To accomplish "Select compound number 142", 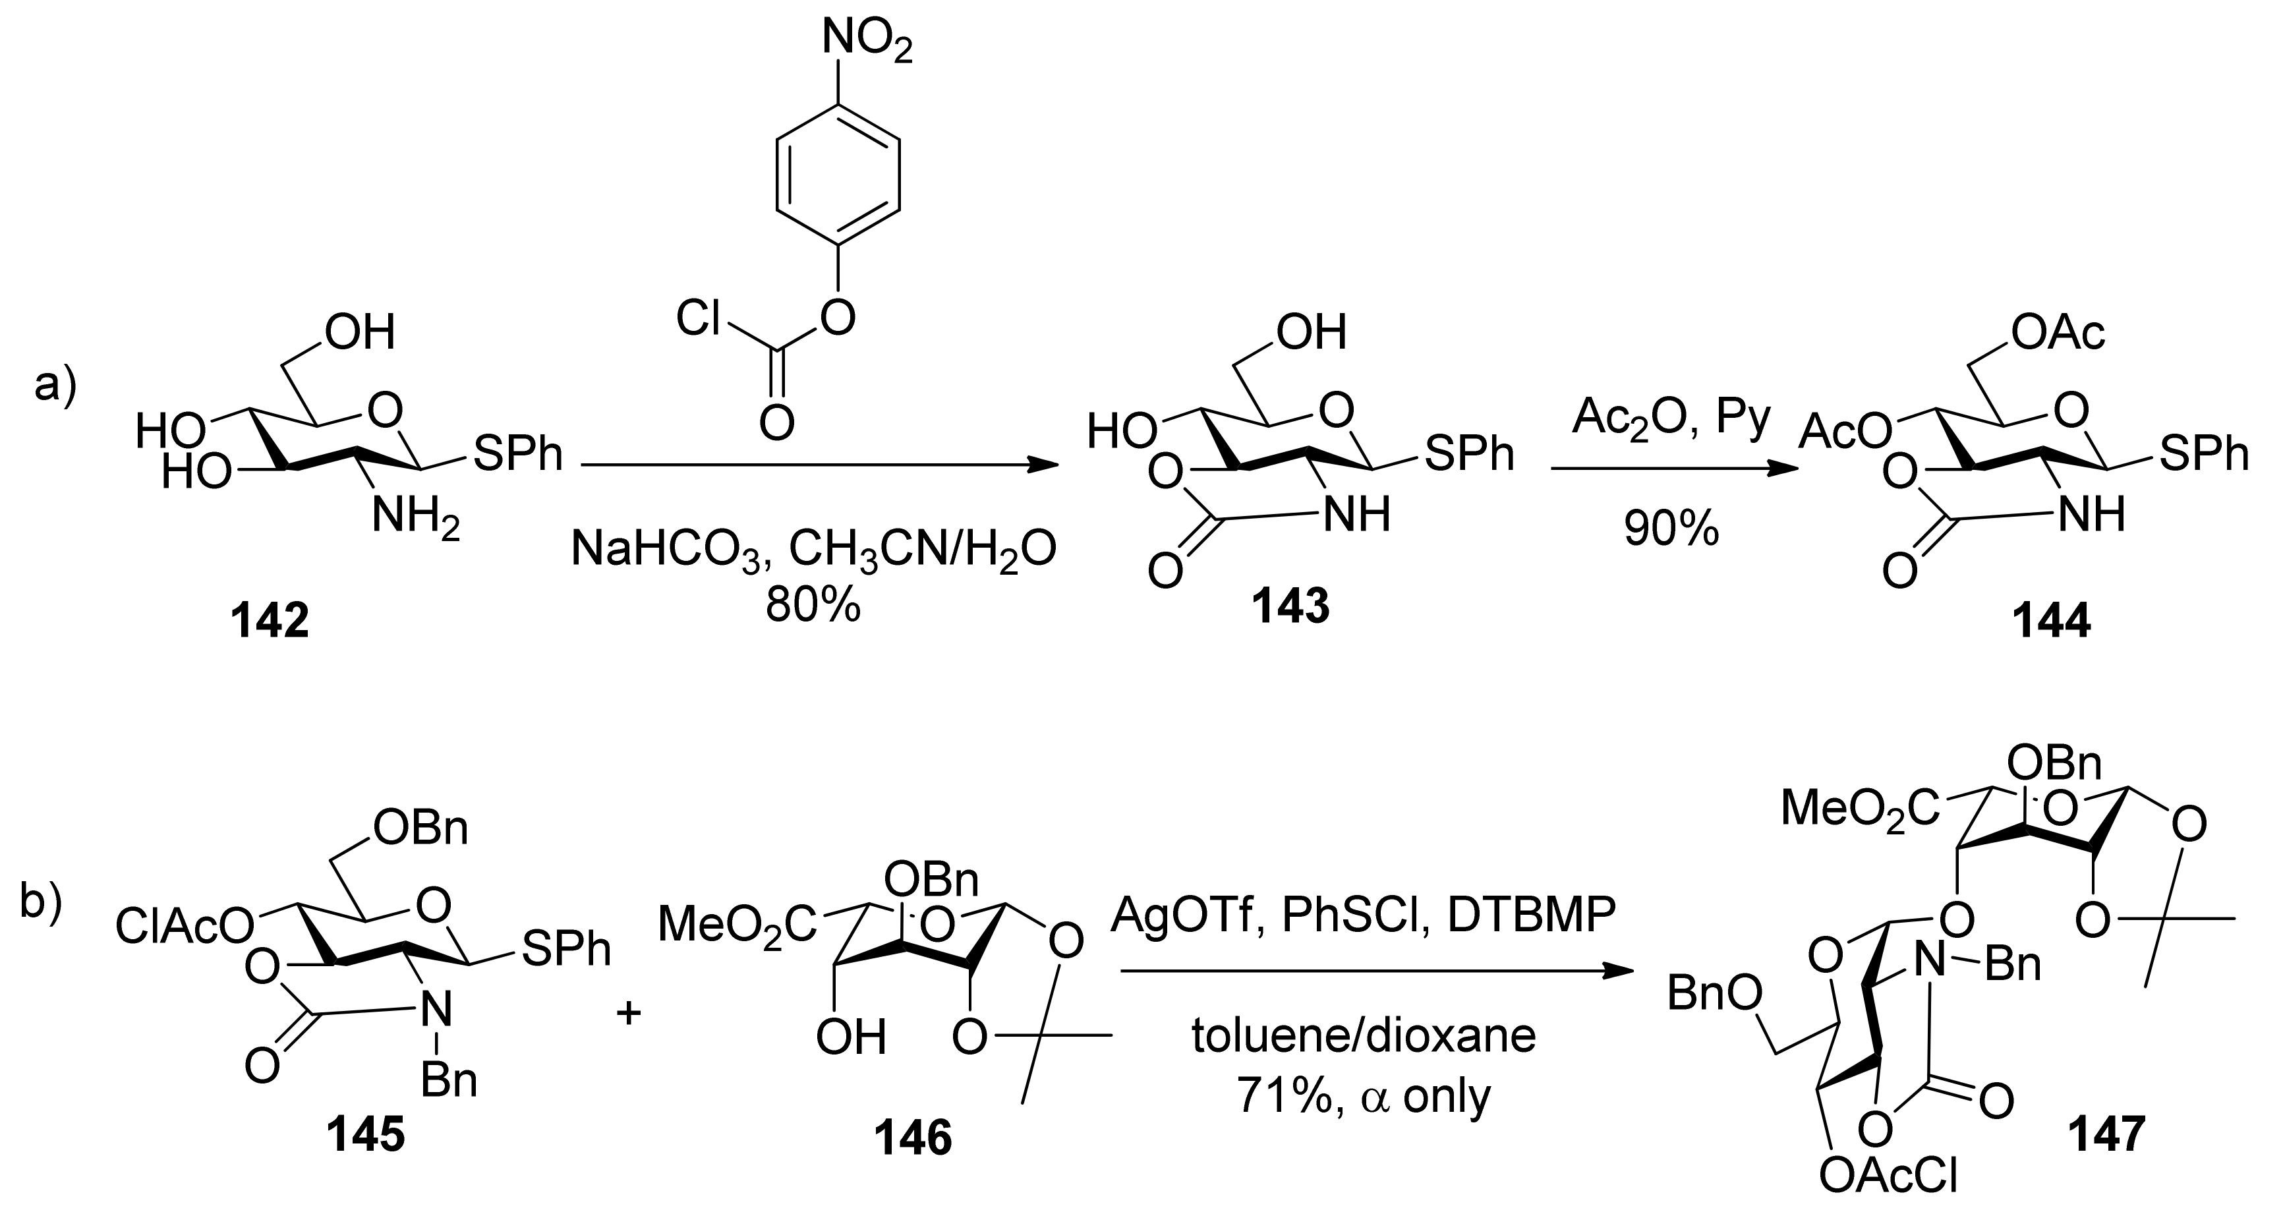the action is [270, 620].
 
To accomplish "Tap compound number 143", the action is [1290, 607].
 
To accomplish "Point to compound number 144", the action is [2051, 620].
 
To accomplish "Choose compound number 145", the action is [366, 1134].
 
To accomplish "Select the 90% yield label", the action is [1671, 529].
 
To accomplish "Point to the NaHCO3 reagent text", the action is [665, 550].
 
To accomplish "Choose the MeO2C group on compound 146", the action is [736, 924].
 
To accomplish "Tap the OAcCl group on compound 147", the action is [1887, 1175].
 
